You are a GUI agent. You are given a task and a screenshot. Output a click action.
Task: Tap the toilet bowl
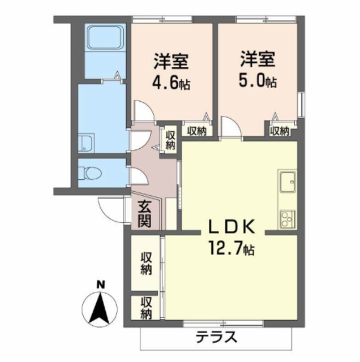91,173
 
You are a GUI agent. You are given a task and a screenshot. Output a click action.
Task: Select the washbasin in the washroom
86,143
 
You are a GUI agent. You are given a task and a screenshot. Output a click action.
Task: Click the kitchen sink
288,182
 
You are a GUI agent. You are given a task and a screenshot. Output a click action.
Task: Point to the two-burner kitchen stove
288,219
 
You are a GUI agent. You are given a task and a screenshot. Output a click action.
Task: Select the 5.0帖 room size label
258,82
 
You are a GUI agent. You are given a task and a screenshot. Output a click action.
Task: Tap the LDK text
232,227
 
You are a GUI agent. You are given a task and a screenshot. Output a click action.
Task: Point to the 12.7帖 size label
232,248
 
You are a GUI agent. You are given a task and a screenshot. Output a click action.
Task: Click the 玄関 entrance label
145,214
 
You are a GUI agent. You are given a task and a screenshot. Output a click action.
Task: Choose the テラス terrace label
216,337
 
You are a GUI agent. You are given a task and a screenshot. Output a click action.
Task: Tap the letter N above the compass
100,284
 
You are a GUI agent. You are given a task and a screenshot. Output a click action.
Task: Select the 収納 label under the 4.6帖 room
196,131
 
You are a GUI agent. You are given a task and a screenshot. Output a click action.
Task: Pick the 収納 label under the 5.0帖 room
280,131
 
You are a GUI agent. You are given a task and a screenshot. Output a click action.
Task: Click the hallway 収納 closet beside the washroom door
170,140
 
